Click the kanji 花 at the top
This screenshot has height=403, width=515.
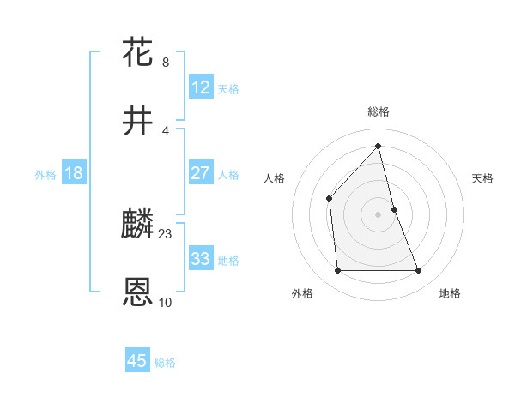[138, 52]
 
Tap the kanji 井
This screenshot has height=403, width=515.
[138, 121]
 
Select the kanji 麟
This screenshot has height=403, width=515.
[138, 225]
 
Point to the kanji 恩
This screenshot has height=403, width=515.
[138, 292]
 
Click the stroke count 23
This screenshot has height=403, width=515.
[166, 234]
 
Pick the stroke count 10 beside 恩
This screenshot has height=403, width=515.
[166, 303]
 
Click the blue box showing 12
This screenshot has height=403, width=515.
[201, 87]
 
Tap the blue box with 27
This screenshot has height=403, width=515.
[201, 173]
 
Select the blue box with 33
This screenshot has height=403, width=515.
[201, 259]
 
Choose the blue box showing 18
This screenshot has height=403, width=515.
[74, 173]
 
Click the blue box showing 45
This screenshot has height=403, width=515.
[137, 361]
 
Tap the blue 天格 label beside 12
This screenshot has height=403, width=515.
[228, 89]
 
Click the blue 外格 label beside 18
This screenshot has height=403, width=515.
[45, 175]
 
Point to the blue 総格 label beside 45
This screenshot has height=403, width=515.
[165, 363]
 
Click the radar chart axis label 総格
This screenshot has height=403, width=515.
[379, 111]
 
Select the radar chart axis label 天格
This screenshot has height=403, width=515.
[483, 178]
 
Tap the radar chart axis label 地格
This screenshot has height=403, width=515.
[450, 294]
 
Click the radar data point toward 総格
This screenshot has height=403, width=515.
[379, 146]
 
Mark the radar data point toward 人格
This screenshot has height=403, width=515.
[329, 199]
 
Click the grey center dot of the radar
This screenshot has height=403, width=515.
[379, 214]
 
